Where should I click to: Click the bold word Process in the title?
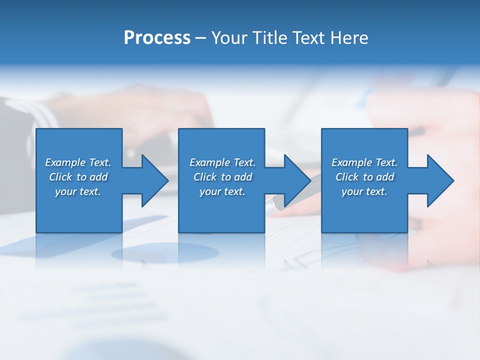[157, 38]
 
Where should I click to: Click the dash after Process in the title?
[200, 38]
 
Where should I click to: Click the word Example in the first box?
[65, 162]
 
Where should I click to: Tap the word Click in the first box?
[60, 177]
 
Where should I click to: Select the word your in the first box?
[65, 192]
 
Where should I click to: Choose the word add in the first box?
[99, 177]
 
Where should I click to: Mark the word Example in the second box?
[209, 162]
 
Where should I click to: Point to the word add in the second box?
[243, 177]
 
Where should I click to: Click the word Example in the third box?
[351, 162]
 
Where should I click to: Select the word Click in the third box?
[347, 177]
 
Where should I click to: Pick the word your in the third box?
[352, 192]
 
